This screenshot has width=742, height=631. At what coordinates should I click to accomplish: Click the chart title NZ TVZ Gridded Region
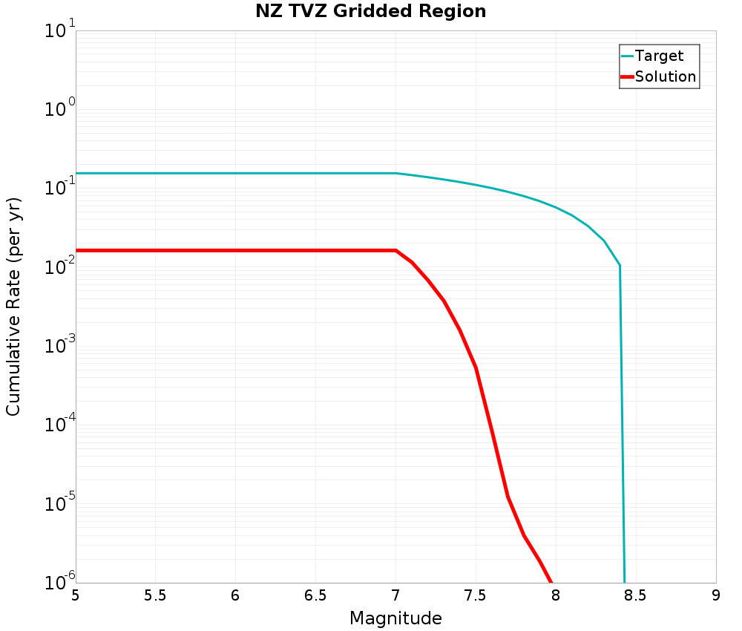(x=370, y=12)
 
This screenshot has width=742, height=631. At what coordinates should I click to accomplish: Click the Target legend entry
(x=659, y=56)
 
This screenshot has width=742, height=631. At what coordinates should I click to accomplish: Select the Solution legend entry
(x=666, y=76)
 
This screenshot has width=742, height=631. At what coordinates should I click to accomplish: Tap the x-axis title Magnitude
(x=395, y=618)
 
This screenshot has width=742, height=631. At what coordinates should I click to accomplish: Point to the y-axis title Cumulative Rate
(x=13, y=307)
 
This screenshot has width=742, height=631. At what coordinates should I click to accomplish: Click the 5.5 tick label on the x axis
(x=155, y=595)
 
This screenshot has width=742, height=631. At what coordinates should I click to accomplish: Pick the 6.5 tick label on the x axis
(x=315, y=595)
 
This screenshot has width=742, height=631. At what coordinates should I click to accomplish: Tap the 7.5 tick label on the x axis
(x=476, y=595)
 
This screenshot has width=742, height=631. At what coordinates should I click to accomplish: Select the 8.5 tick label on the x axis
(x=636, y=595)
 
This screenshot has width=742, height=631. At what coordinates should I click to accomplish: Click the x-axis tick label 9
(x=716, y=595)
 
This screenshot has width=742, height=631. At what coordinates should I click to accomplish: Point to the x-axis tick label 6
(x=235, y=595)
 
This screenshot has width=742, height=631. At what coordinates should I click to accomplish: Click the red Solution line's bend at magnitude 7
(x=396, y=250)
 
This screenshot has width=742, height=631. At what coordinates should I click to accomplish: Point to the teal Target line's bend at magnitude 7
(x=395, y=173)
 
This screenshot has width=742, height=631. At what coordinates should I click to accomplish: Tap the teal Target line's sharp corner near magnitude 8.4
(x=620, y=265)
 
